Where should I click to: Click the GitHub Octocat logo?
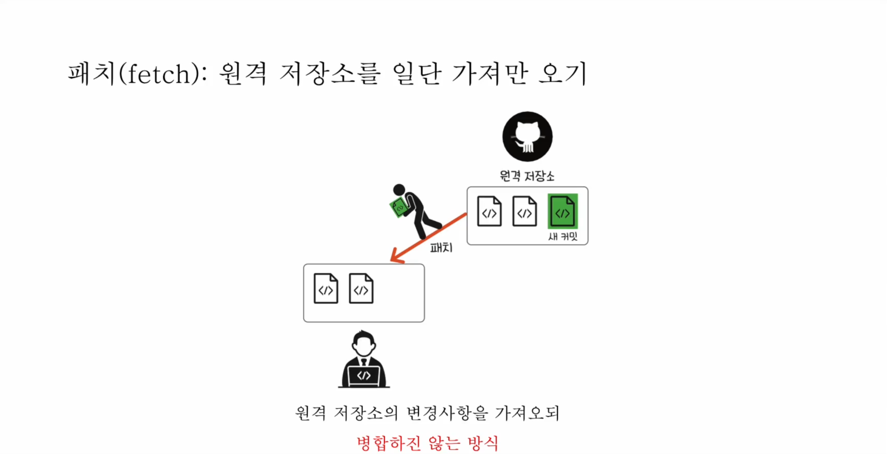click(x=527, y=137)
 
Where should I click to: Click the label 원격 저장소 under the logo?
click(x=527, y=176)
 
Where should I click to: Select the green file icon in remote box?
click(x=562, y=211)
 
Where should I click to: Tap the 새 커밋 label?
click(x=562, y=237)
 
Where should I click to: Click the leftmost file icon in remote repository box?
click(x=489, y=211)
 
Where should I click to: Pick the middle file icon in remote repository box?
click(x=524, y=211)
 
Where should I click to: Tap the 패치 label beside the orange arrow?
click(x=441, y=248)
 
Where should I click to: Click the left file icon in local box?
click(x=326, y=289)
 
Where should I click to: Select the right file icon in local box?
click(x=361, y=289)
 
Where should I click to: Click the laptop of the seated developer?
click(x=364, y=376)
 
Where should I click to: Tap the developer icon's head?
click(x=364, y=343)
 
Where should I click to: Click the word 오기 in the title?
click(x=562, y=74)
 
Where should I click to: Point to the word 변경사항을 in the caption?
click(x=447, y=413)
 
